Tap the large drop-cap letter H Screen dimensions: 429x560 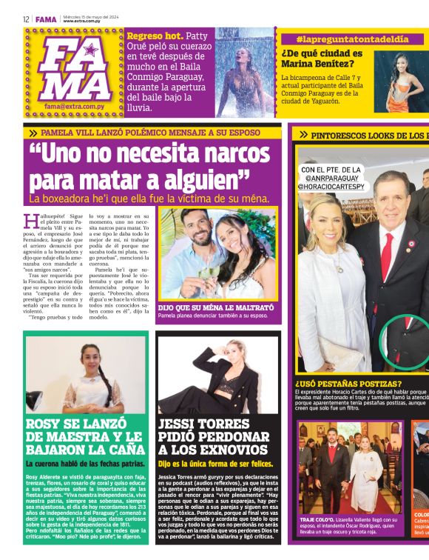click(30, 221)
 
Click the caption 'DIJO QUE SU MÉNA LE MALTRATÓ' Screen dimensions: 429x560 click(215, 307)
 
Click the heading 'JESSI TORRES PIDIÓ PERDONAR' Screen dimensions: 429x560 click(214, 436)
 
